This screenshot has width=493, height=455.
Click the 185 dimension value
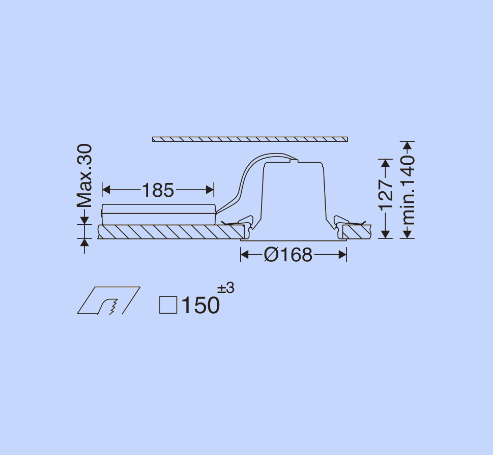(x=158, y=190)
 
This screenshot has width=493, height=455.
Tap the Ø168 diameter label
(x=288, y=255)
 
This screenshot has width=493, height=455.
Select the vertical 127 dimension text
(x=386, y=195)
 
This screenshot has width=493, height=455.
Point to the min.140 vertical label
(x=409, y=190)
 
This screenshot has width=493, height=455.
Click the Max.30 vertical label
(x=84, y=176)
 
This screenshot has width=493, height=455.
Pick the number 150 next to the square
(x=200, y=305)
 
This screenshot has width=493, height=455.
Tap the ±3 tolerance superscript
(x=226, y=288)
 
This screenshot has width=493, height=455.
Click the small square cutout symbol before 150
(x=168, y=305)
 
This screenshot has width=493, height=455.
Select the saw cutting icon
(x=109, y=300)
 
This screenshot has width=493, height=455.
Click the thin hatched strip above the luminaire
(x=250, y=139)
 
